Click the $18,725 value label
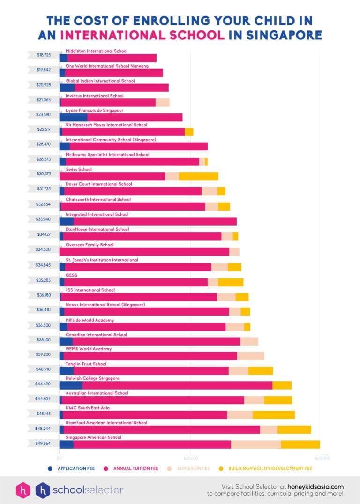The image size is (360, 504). [44, 55]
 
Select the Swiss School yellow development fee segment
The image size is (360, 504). [199, 176]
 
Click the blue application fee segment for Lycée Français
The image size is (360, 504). [73, 117]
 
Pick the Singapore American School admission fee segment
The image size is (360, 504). [256, 444]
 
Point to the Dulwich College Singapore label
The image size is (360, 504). [92, 378]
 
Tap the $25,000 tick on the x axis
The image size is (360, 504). [191, 458]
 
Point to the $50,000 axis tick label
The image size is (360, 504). [322, 458]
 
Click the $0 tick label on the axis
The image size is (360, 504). [60, 458]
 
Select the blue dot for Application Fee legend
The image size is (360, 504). [50, 468]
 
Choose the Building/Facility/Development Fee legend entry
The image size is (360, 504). [270, 468]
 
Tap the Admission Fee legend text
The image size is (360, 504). [193, 468]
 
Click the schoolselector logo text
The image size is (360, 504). [88, 490]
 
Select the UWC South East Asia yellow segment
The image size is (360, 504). [274, 415]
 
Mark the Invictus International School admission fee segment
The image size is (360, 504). [162, 103]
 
